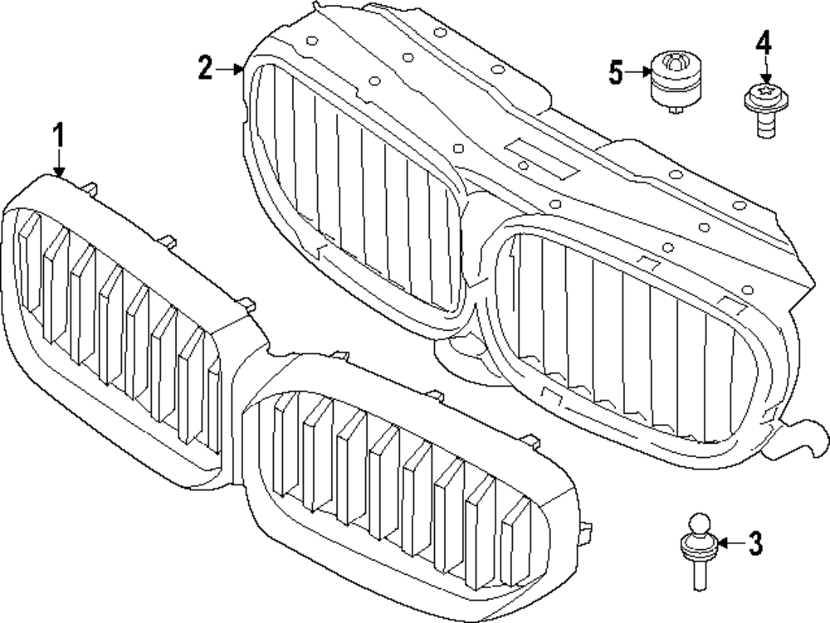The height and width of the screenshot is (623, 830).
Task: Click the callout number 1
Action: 59,135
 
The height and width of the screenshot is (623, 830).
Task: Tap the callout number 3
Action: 754,543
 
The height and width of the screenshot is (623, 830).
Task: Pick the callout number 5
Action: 615,73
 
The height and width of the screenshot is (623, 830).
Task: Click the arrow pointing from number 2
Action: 229,71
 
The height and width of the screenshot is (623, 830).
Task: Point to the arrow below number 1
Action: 59,162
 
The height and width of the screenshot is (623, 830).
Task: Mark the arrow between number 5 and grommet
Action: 638,73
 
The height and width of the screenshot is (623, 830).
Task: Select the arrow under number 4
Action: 764,70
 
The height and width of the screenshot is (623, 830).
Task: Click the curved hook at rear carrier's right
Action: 801,434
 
